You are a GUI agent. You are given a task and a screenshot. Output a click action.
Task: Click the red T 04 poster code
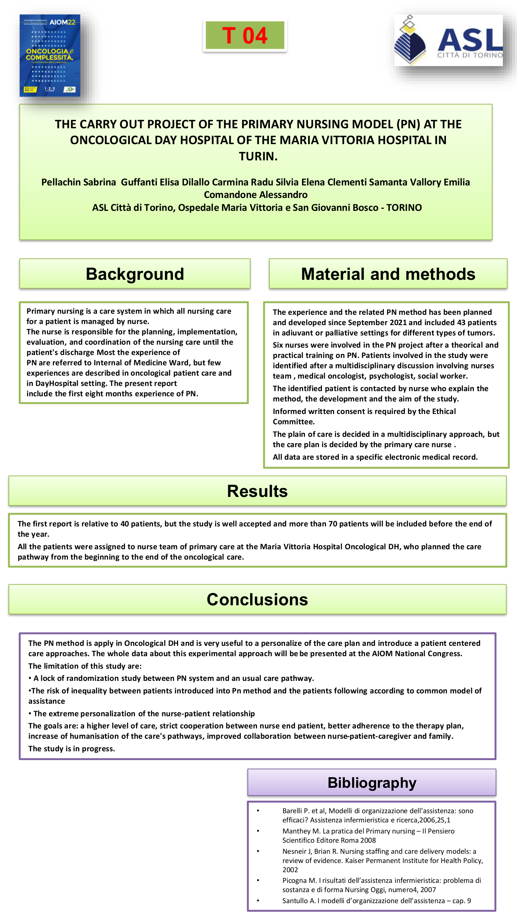click(x=244, y=35)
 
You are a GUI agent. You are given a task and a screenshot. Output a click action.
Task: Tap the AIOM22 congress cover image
click(x=50, y=56)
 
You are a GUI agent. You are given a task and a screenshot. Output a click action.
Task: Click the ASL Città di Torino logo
click(x=448, y=41)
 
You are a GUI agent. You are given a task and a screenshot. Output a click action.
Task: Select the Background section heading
click(x=135, y=274)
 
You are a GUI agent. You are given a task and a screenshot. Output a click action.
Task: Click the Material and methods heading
click(x=388, y=274)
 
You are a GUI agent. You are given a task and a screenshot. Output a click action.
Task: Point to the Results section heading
click(x=257, y=491)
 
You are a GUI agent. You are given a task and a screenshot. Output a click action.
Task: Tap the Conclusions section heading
click(x=257, y=599)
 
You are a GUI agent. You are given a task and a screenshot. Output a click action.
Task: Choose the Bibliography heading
click(x=372, y=783)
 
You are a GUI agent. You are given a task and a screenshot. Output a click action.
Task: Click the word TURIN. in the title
click(x=258, y=156)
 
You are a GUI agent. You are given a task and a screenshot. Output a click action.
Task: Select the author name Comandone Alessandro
click(x=256, y=195)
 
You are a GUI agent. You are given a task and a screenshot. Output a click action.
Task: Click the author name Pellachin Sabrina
click(x=79, y=182)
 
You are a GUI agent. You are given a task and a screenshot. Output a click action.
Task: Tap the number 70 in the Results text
click(x=333, y=524)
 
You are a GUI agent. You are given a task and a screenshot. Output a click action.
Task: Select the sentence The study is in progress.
click(x=72, y=749)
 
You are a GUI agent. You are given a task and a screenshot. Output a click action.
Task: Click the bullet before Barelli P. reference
click(x=258, y=811)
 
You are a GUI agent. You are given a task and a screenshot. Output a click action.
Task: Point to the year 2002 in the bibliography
click(x=290, y=870)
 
